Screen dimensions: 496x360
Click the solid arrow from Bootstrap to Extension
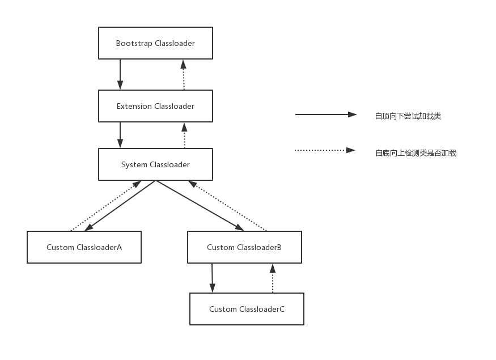[x=120, y=74]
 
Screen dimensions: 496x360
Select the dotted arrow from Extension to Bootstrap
[x=184, y=75]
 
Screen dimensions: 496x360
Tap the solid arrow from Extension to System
[x=120, y=135]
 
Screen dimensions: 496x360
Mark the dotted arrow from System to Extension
[x=184, y=135]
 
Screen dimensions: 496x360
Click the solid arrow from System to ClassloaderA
[x=120, y=206]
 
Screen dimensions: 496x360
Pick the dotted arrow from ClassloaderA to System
[x=105, y=206]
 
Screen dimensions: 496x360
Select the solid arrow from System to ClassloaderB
[x=200, y=206]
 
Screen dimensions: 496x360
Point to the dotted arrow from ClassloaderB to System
[x=227, y=206]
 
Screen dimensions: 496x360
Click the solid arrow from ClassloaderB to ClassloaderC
[x=212, y=278]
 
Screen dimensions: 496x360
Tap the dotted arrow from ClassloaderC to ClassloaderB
[x=273, y=278]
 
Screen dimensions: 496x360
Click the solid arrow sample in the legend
[x=326, y=115]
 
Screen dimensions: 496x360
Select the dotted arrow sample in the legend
[x=325, y=150]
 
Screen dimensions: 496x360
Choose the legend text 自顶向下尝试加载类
[x=408, y=116]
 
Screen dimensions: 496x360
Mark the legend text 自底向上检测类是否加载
[x=416, y=153]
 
